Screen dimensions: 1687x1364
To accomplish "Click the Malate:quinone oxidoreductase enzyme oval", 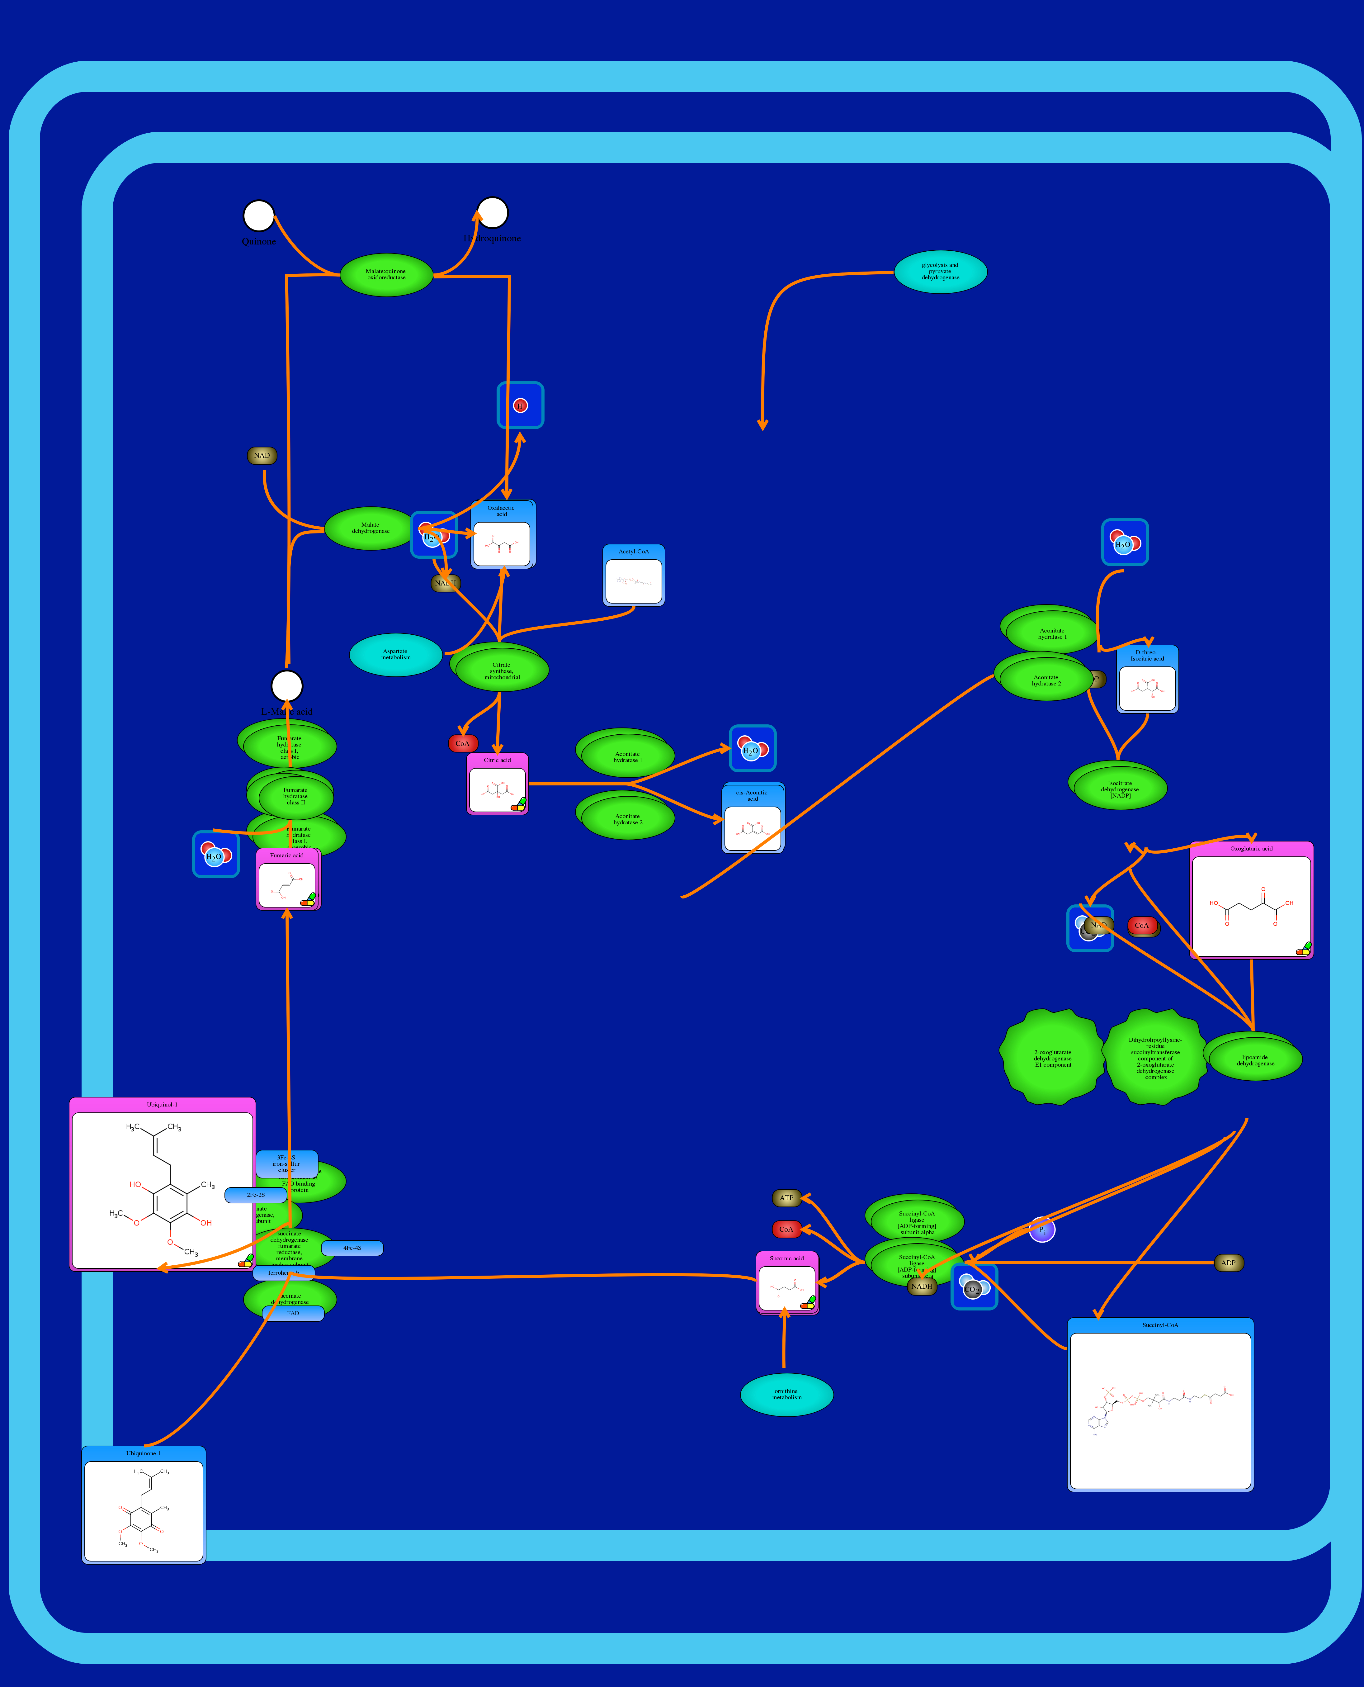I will pos(386,275).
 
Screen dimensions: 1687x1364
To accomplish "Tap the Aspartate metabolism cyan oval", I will pos(395,655).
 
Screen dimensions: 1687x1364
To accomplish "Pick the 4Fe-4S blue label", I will pos(352,1248).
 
